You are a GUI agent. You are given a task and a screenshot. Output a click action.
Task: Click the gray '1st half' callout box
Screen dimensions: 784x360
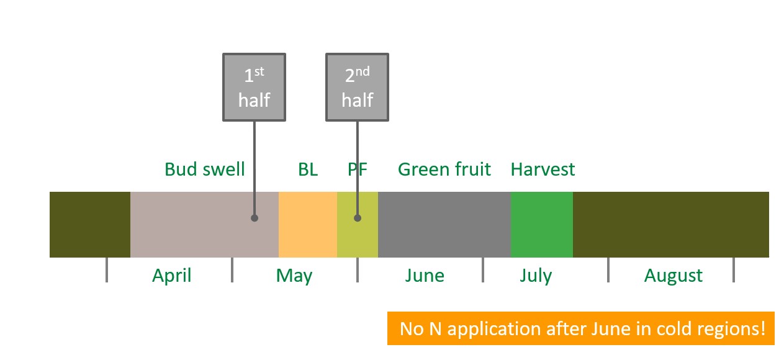click(x=254, y=87)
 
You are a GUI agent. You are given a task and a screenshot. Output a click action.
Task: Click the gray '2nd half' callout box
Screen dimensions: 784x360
click(x=357, y=87)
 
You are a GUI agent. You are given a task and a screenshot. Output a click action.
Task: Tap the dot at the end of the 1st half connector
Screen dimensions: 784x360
click(x=255, y=218)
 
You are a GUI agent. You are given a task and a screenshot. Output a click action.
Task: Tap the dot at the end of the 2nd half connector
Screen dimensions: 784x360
click(x=358, y=218)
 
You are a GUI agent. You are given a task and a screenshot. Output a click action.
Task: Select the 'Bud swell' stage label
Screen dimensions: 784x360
click(x=204, y=169)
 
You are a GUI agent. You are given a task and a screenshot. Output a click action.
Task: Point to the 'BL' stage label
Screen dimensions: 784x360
click(x=308, y=169)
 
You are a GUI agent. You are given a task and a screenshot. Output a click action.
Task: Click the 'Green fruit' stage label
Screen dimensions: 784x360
click(x=444, y=169)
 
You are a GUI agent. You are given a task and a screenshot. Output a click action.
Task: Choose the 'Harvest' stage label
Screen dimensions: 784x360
click(x=543, y=169)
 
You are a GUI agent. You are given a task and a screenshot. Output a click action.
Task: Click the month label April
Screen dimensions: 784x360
click(x=172, y=276)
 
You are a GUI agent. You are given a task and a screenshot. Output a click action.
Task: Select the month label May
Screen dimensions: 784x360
click(x=294, y=276)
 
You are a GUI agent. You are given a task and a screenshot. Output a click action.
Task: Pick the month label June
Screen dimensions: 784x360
click(x=425, y=276)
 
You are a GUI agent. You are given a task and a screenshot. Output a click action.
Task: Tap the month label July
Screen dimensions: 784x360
click(x=536, y=276)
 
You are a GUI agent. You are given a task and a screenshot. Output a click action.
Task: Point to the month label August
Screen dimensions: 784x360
click(x=673, y=276)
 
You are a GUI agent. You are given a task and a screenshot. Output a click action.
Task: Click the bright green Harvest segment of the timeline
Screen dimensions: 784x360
click(x=542, y=225)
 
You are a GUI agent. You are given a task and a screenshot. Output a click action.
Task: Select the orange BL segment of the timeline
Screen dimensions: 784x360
click(x=308, y=225)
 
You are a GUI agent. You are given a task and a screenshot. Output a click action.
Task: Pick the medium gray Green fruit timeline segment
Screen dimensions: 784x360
click(x=444, y=225)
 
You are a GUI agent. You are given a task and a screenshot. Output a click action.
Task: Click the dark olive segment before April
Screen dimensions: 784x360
click(x=90, y=225)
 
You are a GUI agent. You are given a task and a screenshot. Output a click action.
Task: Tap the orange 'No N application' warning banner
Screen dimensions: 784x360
click(x=580, y=328)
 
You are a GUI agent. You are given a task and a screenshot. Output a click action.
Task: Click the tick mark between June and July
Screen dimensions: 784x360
click(x=483, y=270)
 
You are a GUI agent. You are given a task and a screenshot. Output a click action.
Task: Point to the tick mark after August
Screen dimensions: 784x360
click(x=734, y=270)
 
